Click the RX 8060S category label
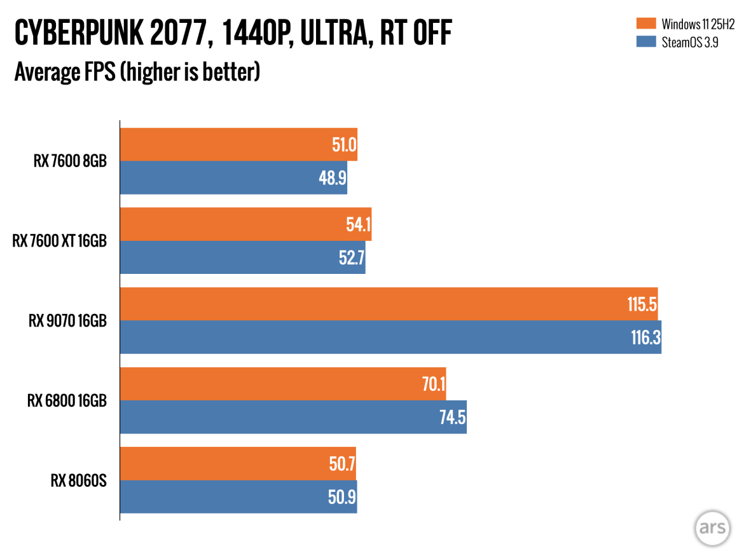(78, 480)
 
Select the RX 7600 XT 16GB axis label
(59, 241)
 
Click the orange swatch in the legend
(645, 24)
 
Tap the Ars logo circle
(712, 527)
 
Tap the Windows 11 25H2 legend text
(698, 25)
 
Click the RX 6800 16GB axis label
(67, 401)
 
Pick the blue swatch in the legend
(645, 43)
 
